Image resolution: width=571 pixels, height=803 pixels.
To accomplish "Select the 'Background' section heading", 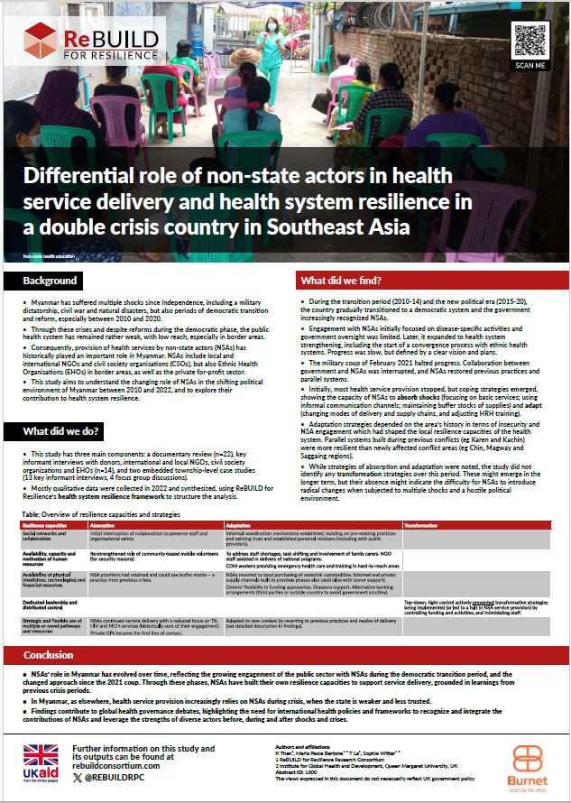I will point(51,282).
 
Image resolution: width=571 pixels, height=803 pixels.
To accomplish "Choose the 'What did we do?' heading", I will point(62,430).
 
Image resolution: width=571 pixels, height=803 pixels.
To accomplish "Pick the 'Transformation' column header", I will point(421,525).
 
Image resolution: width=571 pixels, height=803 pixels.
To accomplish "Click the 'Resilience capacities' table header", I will point(46,525).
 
